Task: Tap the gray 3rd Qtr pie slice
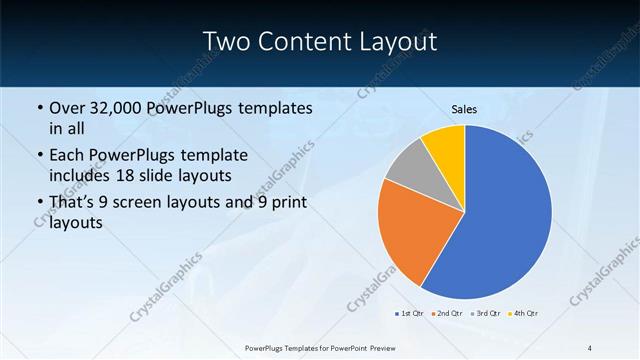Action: (x=410, y=168)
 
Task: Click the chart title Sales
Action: (x=464, y=109)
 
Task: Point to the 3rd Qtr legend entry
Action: (x=486, y=314)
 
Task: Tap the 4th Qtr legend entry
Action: (x=525, y=314)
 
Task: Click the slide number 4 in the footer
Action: (x=590, y=347)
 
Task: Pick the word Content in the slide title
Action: (x=304, y=42)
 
